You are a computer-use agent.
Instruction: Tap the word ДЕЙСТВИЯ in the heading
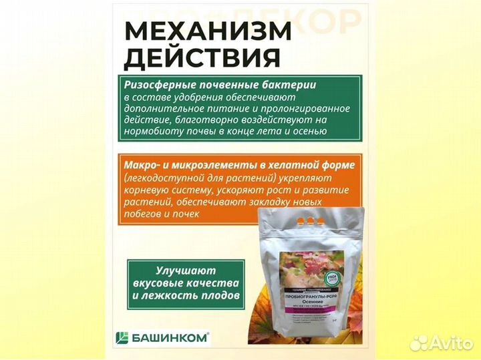[x=202, y=58]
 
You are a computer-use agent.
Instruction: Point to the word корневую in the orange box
[x=146, y=190]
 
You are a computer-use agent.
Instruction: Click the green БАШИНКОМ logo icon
[x=123, y=337]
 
